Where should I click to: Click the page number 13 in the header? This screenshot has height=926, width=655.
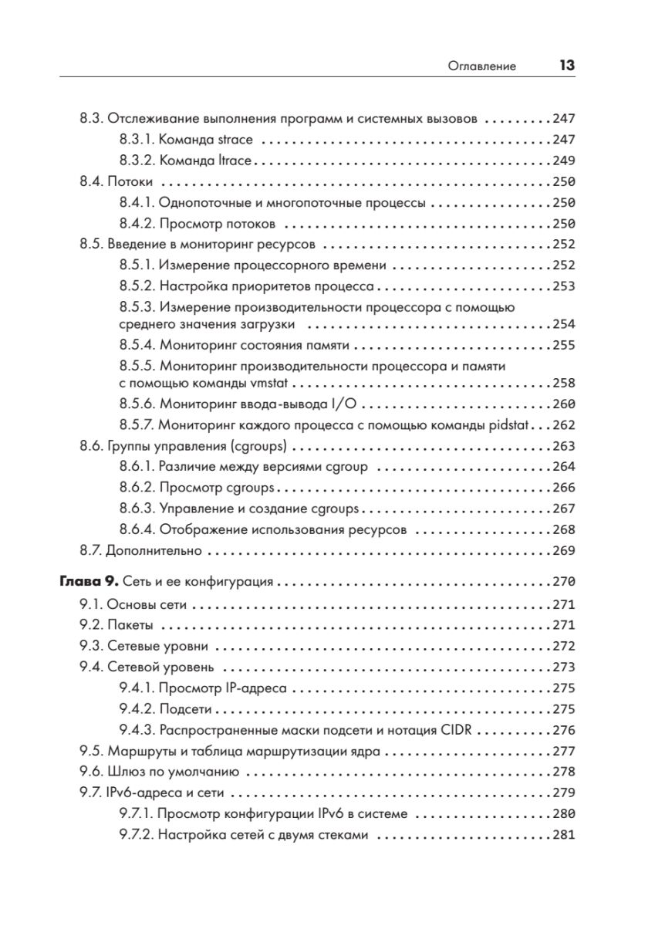[567, 66]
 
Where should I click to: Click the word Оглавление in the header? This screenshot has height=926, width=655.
[482, 67]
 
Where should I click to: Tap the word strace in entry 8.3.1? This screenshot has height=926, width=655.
[237, 141]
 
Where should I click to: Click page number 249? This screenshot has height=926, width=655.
[565, 162]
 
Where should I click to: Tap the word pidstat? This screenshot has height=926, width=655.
[512, 424]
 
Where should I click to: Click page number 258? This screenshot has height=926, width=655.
[565, 383]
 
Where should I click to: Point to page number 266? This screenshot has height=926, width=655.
[565, 488]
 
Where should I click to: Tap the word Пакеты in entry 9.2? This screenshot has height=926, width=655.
[130, 624]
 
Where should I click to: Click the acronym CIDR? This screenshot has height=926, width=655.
[466, 729]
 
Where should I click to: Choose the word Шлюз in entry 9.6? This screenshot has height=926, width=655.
[127, 771]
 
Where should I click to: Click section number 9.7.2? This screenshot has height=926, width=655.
[138, 834]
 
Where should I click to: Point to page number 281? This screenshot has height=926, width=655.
[565, 834]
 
